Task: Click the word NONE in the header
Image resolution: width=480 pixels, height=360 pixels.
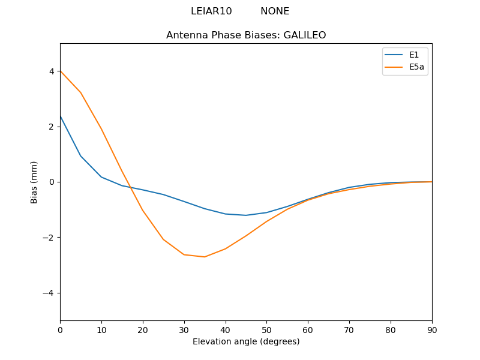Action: click(275, 11)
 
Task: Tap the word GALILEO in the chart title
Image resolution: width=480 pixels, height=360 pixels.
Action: click(304, 35)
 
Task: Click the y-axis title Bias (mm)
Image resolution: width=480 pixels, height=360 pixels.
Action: click(34, 182)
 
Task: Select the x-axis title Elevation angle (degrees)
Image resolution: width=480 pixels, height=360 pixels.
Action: click(246, 341)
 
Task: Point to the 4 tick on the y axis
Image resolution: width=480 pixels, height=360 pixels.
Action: click(52, 71)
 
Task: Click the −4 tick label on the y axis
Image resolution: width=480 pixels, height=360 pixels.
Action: click(49, 293)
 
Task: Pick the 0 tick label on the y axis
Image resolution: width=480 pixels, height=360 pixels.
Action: click(52, 182)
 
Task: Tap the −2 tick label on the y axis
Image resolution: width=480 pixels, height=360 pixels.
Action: click(49, 238)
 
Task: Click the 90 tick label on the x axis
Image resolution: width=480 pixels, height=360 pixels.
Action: click(432, 329)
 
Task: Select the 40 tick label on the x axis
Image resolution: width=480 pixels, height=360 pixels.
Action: click(226, 329)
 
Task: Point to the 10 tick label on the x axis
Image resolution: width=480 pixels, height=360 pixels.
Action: click(101, 329)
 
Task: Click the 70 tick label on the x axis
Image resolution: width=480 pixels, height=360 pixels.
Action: click(349, 329)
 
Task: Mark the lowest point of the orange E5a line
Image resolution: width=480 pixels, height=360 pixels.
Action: click(205, 257)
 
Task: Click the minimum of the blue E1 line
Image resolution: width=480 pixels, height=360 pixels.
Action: click(246, 215)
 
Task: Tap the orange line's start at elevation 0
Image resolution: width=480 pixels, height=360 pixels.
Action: click(61, 71)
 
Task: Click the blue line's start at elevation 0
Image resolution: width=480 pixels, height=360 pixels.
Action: click(61, 116)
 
